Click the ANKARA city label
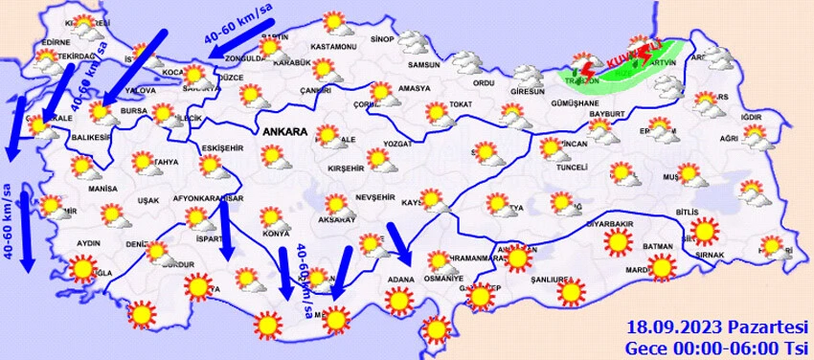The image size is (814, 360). click(x=283, y=130)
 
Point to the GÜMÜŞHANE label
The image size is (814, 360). click(x=568, y=100)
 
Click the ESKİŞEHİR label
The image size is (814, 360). click(x=223, y=148)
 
